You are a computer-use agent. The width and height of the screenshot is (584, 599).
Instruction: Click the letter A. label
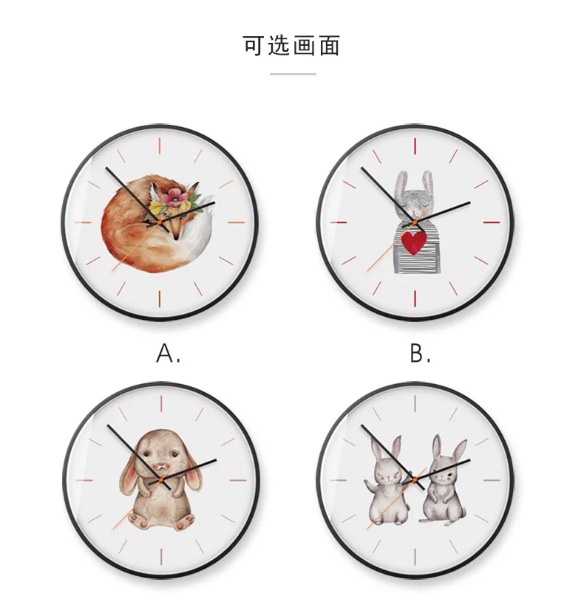click(x=168, y=353)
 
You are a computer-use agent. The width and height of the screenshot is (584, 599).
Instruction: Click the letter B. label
click(x=421, y=353)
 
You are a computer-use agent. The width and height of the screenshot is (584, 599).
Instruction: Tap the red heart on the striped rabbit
click(x=414, y=242)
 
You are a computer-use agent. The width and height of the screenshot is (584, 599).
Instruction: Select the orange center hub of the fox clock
click(x=160, y=222)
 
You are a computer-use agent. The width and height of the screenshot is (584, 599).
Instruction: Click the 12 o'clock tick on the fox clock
click(x=160, y=146)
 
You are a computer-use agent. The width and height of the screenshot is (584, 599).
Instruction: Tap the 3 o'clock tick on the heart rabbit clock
click(x=492, y=222)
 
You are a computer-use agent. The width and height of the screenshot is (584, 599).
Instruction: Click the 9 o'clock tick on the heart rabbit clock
click(x=339, y=222)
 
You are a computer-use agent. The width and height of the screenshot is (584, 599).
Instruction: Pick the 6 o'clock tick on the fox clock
click(x=160, y=298)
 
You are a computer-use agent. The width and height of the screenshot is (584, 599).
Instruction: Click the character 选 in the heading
click(x=279, y=46)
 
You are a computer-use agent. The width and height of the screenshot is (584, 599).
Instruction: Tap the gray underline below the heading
click(x=293, y=74)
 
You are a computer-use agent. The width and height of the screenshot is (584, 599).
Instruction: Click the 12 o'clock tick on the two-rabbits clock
click(x=415, y=404)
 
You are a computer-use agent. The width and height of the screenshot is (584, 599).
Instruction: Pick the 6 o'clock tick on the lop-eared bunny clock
click(x=161, y=557)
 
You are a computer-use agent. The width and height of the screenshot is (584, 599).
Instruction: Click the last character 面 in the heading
click(x=330, y=46)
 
